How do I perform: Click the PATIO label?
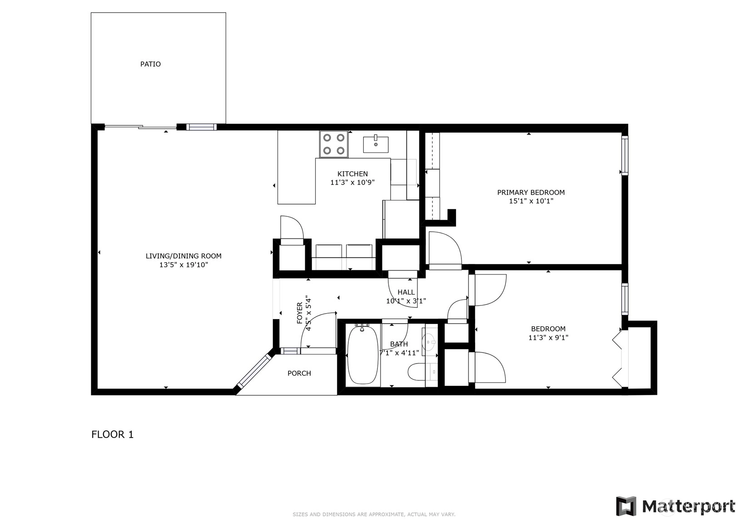pyautogui.click(x=150, y=64)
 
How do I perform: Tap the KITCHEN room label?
pyautogui.click(x=352, y=174)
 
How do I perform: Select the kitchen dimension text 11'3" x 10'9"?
pyautogui.click(x=352, y=182)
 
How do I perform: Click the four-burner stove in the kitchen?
pyautogui.click(x=334, y=144)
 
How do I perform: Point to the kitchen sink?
pyautogui.click(x=376, y=145)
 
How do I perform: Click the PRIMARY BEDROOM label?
pyautogui.click(x=531, y=193)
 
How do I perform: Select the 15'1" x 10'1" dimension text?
pyautogui.click(x=531, y=201)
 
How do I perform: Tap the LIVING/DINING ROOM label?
pyautogui.click(x=183, y=256)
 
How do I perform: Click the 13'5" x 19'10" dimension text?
pyautogui.click(x=183, y=265)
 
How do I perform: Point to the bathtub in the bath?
pyautogui.click(x=363, y=355)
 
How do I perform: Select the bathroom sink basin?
pyautogui.click(x=430, y=342)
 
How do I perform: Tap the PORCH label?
pyautogui.click(x=299, y=373)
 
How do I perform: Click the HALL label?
pyautogui.click(x=406, y=292)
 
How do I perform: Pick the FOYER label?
pyautogui.click(x=300, y=313)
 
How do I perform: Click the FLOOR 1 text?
pyautogui.click(x=113, y=434)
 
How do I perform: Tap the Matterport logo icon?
pyautogui.click(x=626, y=506)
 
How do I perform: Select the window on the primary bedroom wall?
pyautogui.click(x=625, y=155)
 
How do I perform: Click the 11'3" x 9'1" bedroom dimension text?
pyautogui.click(x=548, y=338)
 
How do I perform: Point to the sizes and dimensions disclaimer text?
pyautogui.click(x=374, y=514)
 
